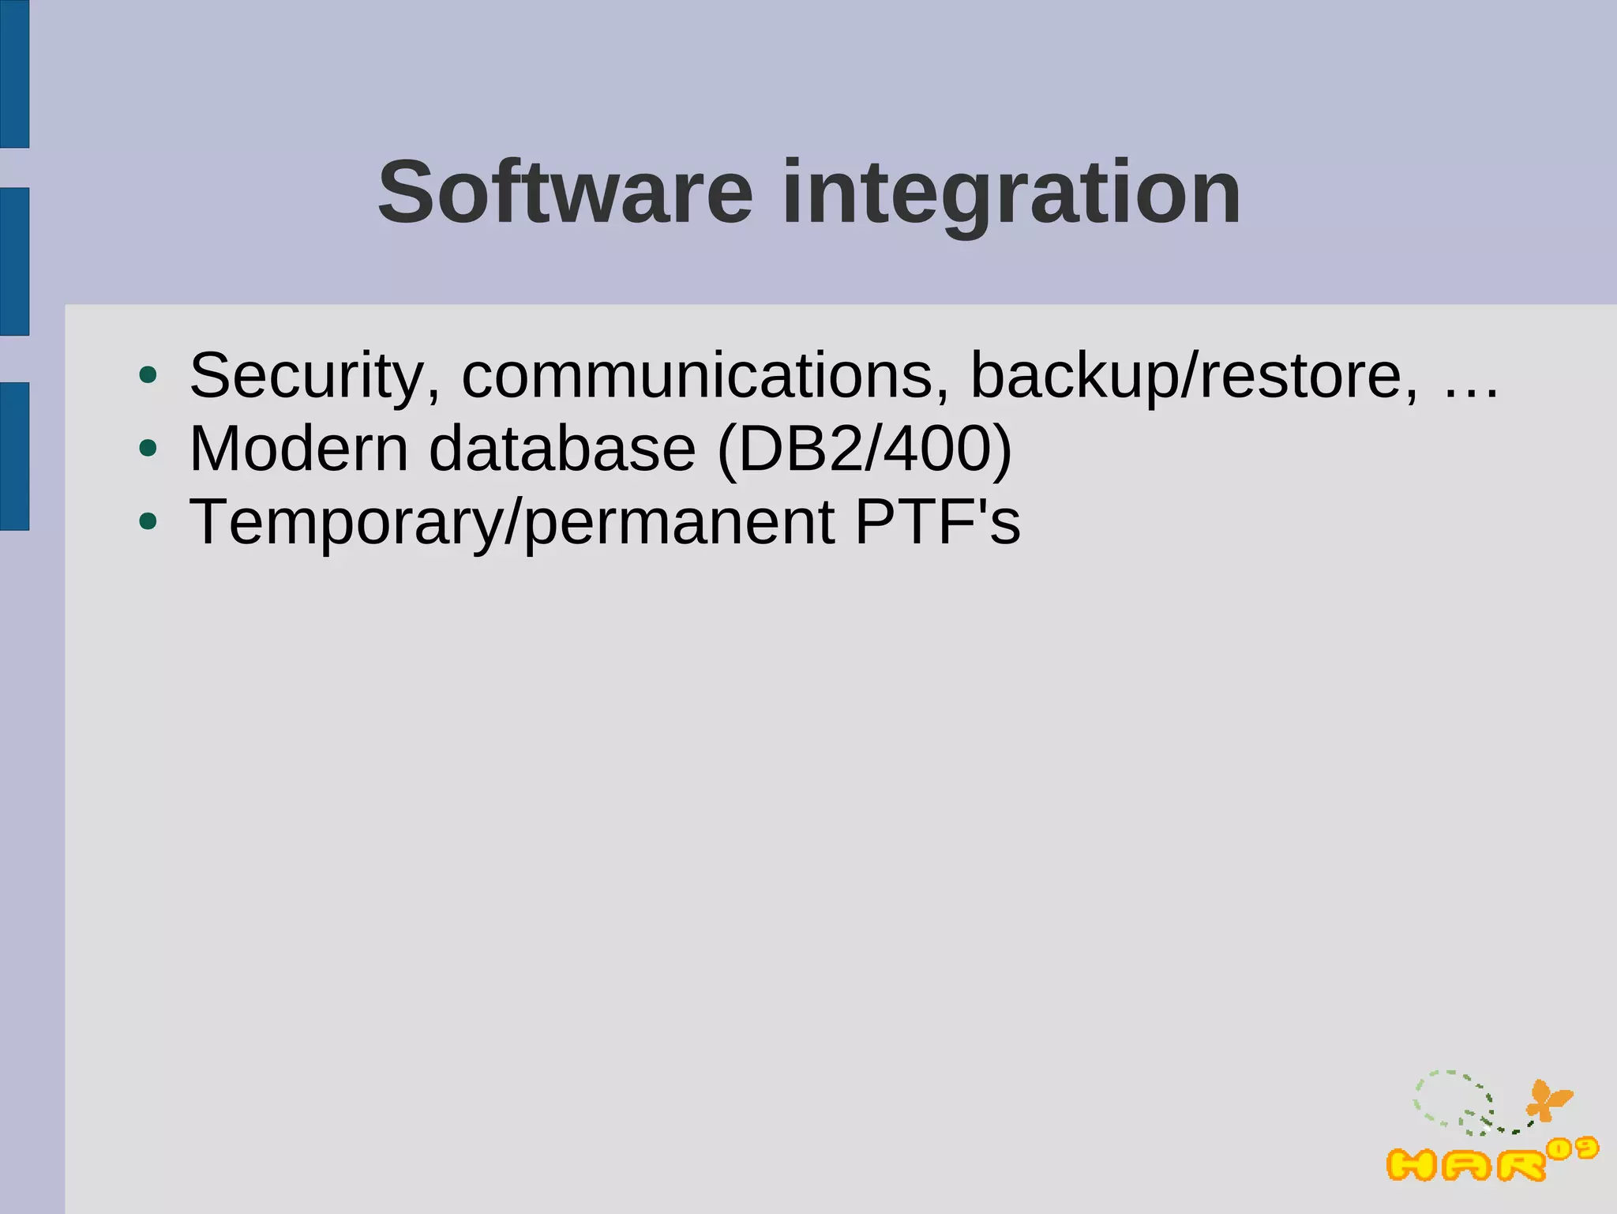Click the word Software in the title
pos(565,194)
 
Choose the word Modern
pos(299,449)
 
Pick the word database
pos(562,449)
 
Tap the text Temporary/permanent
pos(512,523)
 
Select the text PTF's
pos(938,522)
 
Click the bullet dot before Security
pos(148,376)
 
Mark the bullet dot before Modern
pos(148,449)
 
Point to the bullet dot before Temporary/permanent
pos(148,521)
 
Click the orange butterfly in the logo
pos(1548,1099)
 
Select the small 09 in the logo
pos(1573,1149)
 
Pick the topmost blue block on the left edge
pos(14,73)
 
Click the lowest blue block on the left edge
pos(14,456)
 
